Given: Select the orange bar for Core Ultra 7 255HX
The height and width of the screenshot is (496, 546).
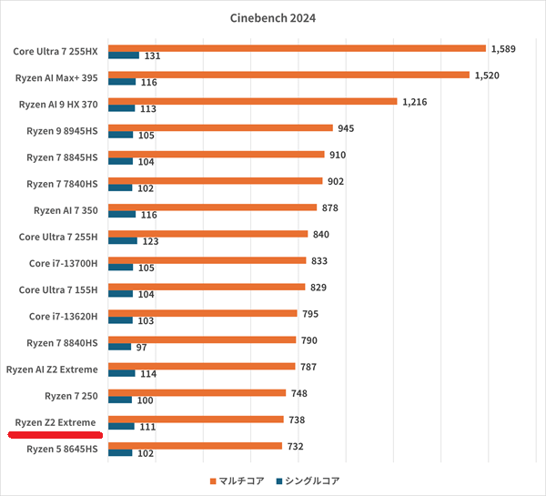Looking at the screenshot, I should point(296,48).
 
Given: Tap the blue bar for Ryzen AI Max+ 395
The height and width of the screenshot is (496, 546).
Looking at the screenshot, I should point(121,82).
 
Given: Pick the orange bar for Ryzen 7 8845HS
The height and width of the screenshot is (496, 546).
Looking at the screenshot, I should point(216,155).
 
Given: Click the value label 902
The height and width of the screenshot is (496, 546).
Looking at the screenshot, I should point(336,181).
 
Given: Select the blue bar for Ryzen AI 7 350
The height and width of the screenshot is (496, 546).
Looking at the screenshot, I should point(121,214).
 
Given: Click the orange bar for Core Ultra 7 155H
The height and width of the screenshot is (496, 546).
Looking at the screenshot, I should point(206,287).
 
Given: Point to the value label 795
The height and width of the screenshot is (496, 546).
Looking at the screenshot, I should point(311,314).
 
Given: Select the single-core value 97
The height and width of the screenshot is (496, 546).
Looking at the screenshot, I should point(142,347).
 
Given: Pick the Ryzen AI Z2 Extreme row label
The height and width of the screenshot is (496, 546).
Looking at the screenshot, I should point(56,369).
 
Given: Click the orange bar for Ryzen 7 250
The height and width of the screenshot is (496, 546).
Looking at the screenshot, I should point(197,393).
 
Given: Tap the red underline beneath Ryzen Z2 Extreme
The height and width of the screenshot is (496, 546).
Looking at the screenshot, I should point(57,434).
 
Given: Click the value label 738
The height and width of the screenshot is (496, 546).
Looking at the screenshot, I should point(297,420).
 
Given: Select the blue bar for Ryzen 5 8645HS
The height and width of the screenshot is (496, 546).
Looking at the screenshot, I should point(120,452).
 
